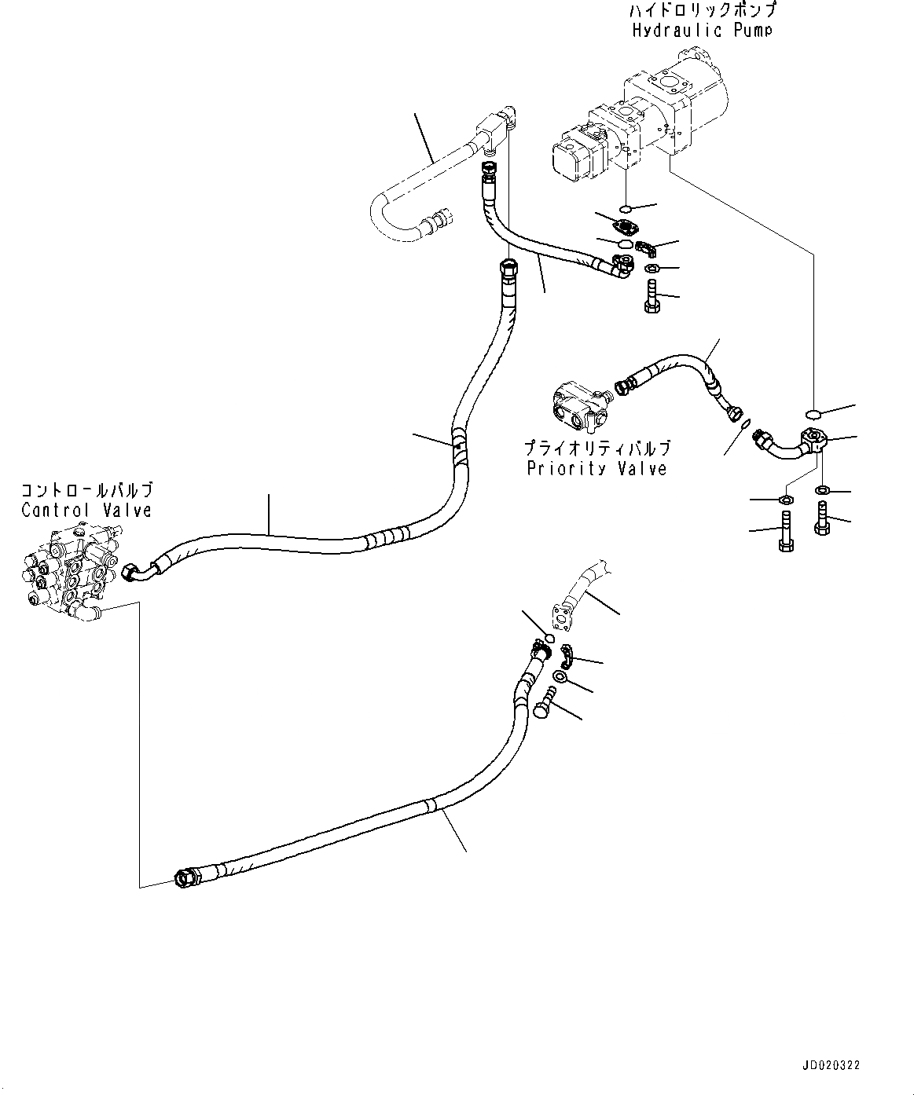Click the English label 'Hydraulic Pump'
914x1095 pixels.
point(702,31)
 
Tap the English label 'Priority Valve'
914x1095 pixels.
point(596,469)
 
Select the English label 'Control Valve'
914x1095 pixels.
point(86,510)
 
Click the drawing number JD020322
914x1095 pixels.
point(833,1066)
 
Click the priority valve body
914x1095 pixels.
point(579,406)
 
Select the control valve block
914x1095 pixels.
point(67,569)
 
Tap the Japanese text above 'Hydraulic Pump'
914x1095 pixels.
point(702,11)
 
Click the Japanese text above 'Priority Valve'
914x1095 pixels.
point(597,449)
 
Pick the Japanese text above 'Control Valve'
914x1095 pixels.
point(86,491)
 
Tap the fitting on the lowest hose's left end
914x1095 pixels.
point(186,877)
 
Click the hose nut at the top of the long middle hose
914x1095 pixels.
point(508,269)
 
